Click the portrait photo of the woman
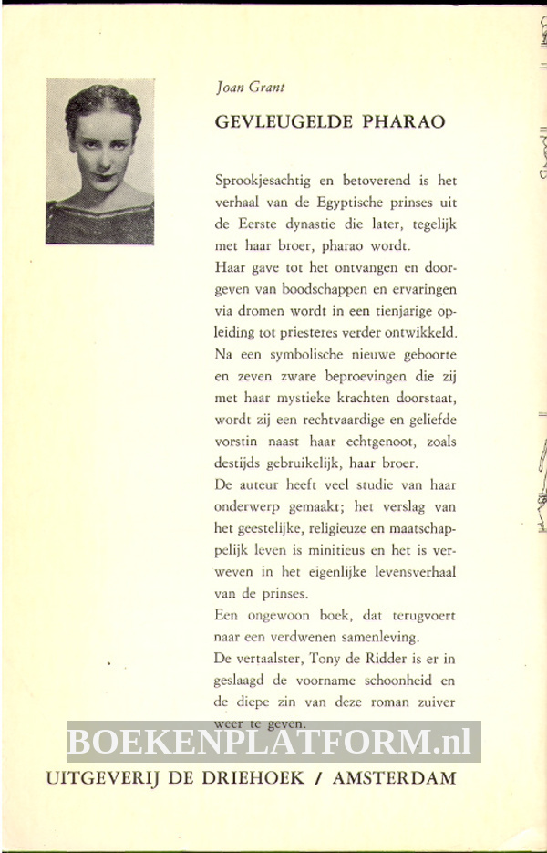click(x=100, y=161)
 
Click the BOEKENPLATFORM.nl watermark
click(x=273, y=742)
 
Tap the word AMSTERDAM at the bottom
click(x=394, y=779)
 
